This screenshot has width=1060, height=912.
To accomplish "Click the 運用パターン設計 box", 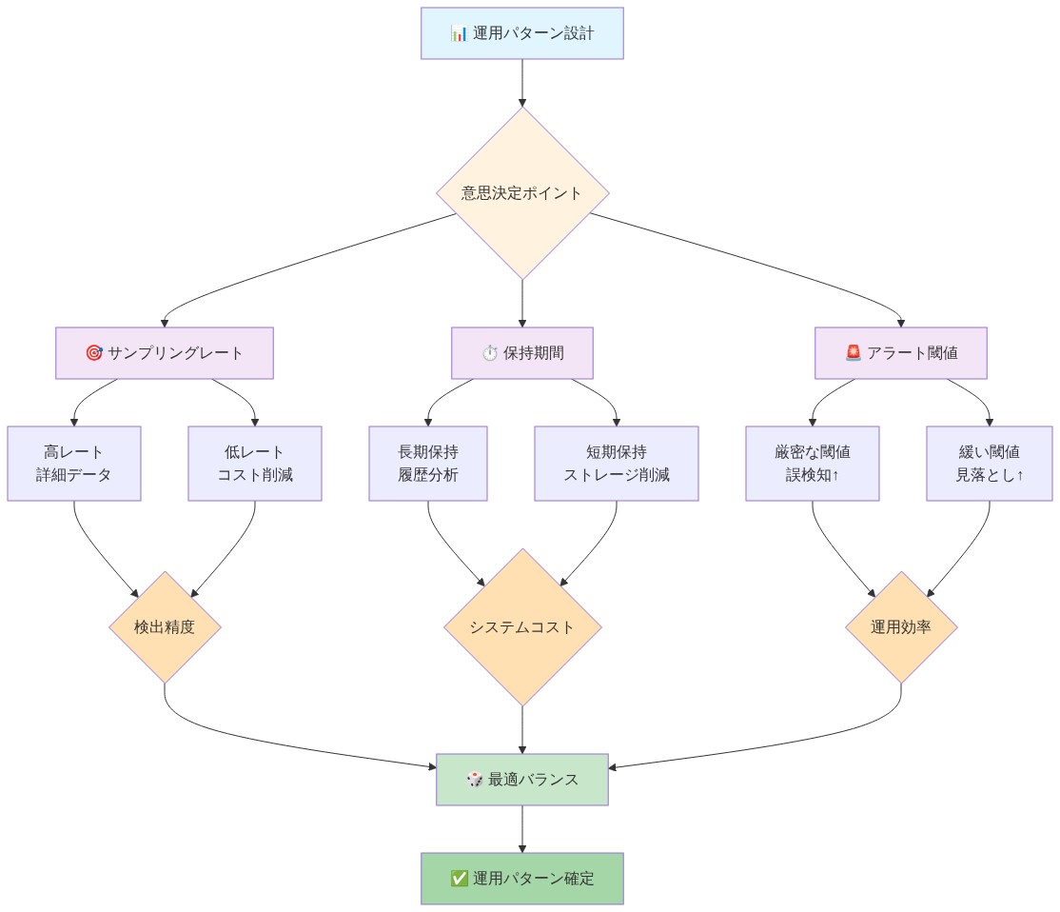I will click(522, 33).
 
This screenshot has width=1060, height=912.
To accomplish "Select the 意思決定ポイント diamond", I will click(522, 192).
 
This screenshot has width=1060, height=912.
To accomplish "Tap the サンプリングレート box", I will click(165, 353).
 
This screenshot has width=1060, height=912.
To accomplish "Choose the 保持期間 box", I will click(522, 353).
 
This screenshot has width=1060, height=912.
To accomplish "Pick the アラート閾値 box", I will click(901, 353).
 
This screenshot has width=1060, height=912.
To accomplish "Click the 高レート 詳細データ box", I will click(74, 463).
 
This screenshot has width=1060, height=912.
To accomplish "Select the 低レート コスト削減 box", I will click(255, 463).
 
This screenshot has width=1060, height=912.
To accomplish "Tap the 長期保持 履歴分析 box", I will click(428, 463).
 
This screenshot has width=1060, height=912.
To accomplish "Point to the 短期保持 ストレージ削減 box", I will click(617, 463).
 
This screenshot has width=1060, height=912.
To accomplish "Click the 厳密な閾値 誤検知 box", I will click(813, 463).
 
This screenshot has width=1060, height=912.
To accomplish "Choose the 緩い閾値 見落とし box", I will click(990, 463).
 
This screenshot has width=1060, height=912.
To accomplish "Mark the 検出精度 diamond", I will click(166, 626).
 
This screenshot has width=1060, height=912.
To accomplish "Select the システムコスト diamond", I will click(522, 626).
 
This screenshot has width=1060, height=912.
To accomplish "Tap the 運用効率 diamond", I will click(901, 626).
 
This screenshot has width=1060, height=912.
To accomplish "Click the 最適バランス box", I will click(522, 780).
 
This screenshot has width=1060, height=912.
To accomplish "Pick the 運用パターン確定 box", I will click(522, 878).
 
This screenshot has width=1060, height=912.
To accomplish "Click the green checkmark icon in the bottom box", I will click(459, 878).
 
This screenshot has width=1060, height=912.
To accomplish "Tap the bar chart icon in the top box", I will click(459, 33).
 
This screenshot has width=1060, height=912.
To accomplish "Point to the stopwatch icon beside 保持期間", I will click(489, 353).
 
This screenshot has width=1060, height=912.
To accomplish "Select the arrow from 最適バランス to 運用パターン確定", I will click(522, 829).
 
